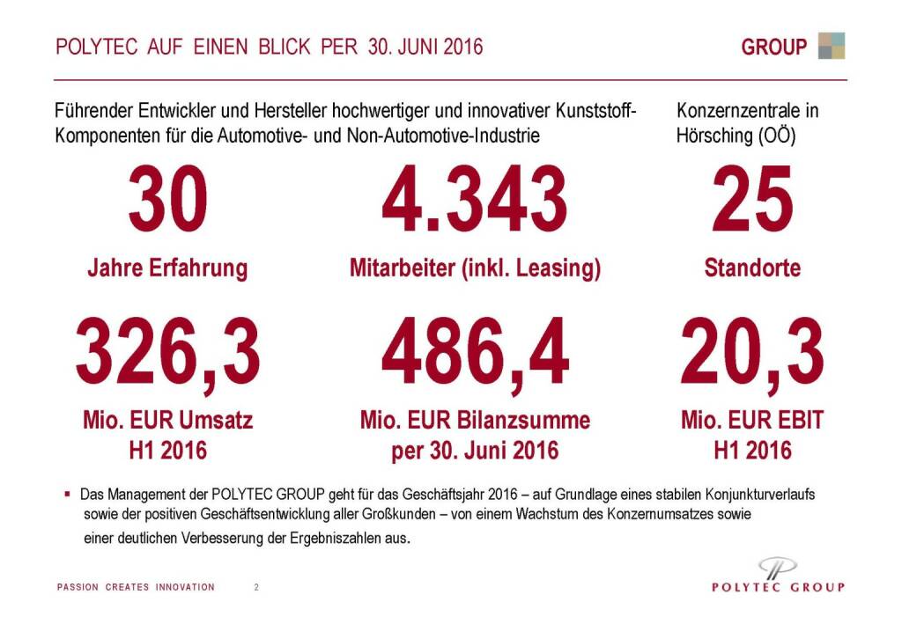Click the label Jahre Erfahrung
[167, 268]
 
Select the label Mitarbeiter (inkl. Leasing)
[475, 268]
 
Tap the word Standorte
[752, 268]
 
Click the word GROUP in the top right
[773, 47]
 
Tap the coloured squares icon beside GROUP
[831, 46]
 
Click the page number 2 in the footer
[256, 587]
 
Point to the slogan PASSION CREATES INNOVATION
[136, 587]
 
